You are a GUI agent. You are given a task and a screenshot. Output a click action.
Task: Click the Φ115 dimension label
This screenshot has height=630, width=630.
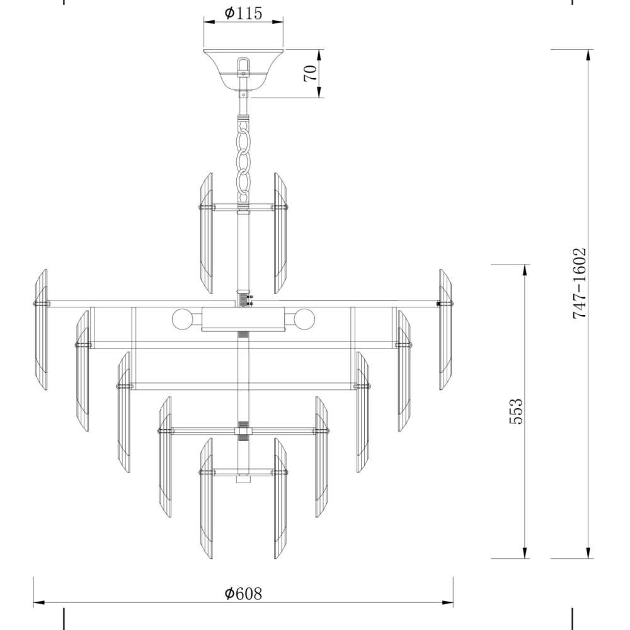click(243, 13)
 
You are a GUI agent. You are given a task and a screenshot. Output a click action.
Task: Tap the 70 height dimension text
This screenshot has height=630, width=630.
click(311, 73)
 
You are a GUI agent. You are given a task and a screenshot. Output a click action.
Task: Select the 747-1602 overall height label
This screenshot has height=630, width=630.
click(580, 283)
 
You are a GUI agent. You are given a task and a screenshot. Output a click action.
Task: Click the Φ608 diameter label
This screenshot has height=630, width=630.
click(243, 593)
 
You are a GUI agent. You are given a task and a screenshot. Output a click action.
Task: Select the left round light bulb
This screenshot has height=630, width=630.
click(182, 319)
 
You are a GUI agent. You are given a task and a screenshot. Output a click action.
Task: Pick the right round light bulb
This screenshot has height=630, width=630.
click(304, 319)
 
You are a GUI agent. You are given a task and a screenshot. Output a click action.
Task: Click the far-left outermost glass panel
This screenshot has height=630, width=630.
click(42, 329)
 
